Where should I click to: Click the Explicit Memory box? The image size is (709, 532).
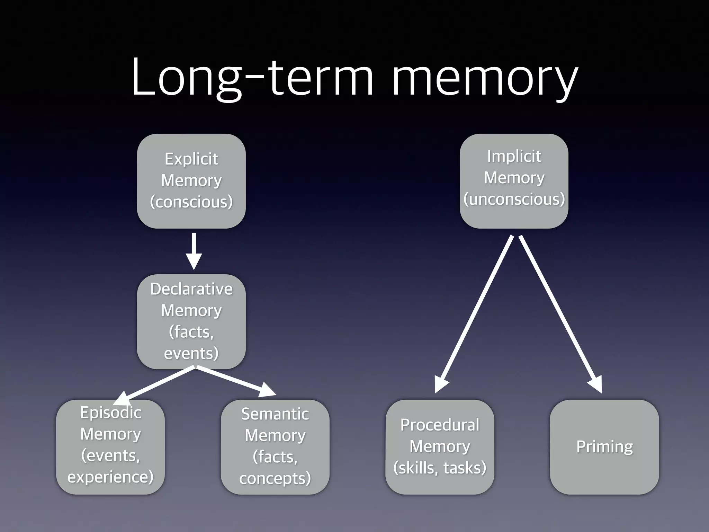click(191, 181)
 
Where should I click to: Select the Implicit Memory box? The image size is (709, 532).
click(514, 181)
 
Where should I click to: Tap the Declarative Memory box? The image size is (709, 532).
click(191, 321)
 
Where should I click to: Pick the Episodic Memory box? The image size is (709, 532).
click(110, 447)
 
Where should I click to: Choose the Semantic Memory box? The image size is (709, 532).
click(275, 447)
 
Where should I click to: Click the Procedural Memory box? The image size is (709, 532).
click(440, 447)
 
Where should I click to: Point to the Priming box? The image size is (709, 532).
click(604, 447)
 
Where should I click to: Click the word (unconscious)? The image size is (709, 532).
click(514, 199)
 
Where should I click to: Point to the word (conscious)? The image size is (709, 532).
click(191, 202)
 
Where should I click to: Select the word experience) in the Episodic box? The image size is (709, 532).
click(110, 477)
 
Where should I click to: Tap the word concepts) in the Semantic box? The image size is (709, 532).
click(275, 478)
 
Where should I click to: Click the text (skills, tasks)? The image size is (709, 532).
click(440, 468)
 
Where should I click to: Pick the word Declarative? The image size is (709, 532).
click(191, 289)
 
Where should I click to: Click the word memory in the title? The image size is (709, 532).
click(485, 78)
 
